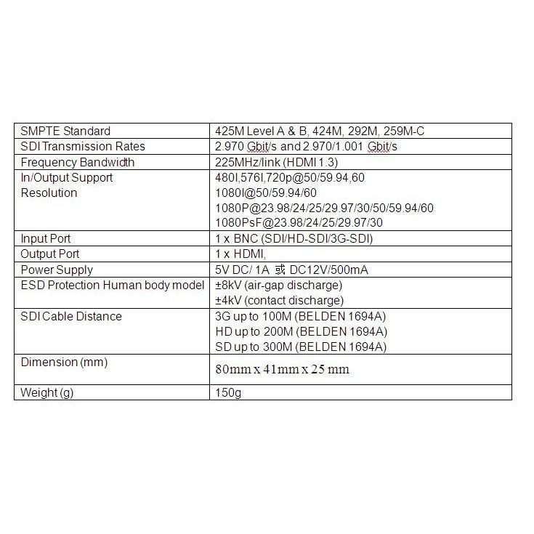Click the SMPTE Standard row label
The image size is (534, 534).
point(65,132)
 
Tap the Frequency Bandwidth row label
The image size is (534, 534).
point(77,162)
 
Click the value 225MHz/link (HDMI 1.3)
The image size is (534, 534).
point(278,162)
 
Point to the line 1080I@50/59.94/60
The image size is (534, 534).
point(266,193)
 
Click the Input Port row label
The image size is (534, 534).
point(45,239)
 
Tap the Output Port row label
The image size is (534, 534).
point(50,254)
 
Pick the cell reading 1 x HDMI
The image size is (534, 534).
point(239,254)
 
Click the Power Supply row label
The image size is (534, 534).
point(57,270)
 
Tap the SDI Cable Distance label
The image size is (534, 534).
point(71,317)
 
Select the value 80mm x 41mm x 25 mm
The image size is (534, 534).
point(283,370)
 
